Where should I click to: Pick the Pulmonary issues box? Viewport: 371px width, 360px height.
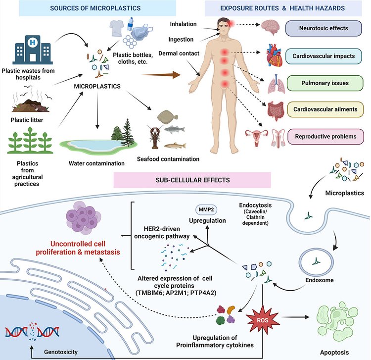click(x=327, y=82)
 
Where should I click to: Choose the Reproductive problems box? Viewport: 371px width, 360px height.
click(x=327, y=136)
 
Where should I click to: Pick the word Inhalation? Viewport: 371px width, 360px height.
click(x=184, y=24)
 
